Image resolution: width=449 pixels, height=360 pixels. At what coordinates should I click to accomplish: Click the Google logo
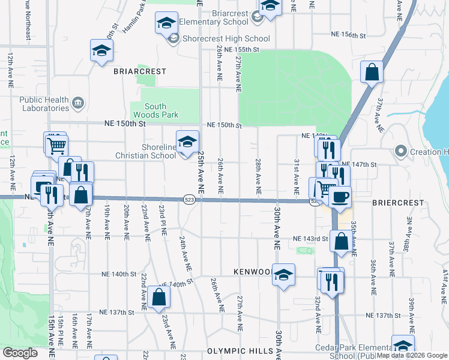pyautogui.click(x=20, y=353)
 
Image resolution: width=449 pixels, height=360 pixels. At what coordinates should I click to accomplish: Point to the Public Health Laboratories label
pyautogui.click(x=44, y=104)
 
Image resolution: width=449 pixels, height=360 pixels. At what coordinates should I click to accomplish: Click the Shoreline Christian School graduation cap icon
pyautogui.click(x=187, y=142)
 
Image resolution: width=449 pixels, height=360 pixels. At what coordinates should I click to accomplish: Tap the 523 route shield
pyautogui.click(x=189, y=200)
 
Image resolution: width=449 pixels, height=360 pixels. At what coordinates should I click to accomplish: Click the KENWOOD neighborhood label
pyautogui.click(x=252, y=272)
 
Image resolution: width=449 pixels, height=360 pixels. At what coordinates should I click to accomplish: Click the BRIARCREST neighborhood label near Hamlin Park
pyautogui.click(x=139, y=71)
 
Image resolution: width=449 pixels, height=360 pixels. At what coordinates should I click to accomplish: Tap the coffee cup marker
pyautogui.click(x=340, y=197)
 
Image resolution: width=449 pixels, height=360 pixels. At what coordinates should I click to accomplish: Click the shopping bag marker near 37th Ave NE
pyautogui.click(x=372, y=72)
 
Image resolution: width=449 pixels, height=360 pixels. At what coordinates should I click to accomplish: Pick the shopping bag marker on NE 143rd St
pyautogui.click(x=341, y=241)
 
